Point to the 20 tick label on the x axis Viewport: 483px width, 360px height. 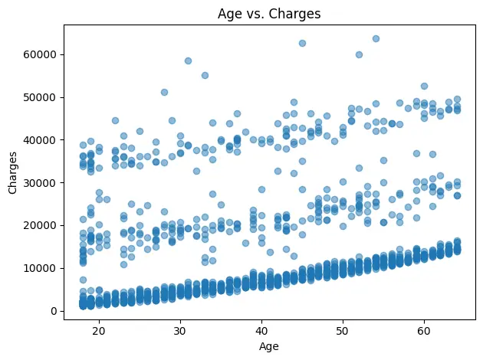99,329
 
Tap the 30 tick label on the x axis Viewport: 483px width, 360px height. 180,329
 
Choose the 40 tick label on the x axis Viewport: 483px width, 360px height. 261,329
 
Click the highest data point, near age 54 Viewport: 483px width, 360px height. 376,38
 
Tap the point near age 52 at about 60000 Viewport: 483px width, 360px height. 359,54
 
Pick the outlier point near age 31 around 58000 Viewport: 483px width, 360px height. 188,61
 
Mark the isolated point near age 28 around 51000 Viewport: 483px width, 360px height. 164,92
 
